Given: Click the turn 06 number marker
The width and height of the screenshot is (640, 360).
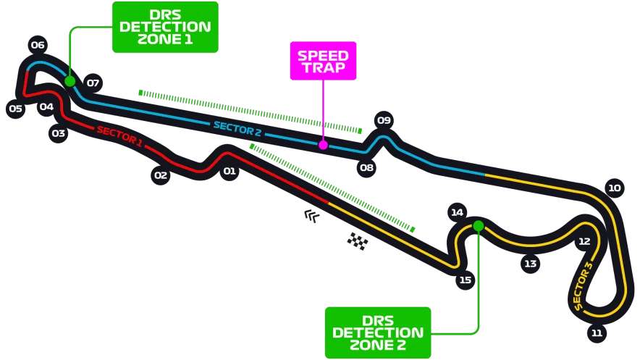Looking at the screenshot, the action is [x=38, y=45].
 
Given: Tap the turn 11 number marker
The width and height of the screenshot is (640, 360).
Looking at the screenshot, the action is [x=597, y=333].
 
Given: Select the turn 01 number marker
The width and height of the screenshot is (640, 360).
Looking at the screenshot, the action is [x=230, y=171].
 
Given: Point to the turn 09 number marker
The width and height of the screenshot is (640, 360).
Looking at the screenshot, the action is [x=384, y=120].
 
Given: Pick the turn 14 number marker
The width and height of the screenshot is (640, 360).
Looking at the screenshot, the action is [x=457, y=212].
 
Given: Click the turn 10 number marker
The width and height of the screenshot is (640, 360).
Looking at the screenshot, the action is [x=615, y=188].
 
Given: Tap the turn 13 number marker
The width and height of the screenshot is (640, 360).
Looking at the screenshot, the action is [x=530, y=264].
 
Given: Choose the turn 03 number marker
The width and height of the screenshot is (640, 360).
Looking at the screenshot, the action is [x=59, y=133].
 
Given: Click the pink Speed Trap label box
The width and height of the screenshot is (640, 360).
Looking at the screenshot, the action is [x=324, y=61].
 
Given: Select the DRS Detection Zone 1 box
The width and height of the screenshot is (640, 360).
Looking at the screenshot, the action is [x=165, y=27].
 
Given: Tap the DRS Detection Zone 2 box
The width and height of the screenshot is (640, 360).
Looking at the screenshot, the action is [x=378, y=332].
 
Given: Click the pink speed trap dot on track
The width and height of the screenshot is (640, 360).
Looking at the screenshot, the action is [x=324, y=145].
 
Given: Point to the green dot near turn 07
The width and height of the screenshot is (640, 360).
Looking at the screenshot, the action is [x=70, y=81].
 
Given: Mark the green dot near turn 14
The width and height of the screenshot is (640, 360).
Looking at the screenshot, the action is [x=479, y=226].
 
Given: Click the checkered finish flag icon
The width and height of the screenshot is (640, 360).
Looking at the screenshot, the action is [x=358, y=240].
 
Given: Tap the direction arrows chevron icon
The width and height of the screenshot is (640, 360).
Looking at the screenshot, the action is [x=312, y=216].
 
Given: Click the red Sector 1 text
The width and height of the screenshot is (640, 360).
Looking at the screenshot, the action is [x=119, y=136].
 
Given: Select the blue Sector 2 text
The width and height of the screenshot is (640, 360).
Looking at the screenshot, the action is [x=237, y=129].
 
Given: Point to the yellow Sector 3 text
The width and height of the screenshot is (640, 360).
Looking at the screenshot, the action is [x=583, y=285].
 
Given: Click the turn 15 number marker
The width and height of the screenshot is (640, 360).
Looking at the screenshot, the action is [x=466, y=280].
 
